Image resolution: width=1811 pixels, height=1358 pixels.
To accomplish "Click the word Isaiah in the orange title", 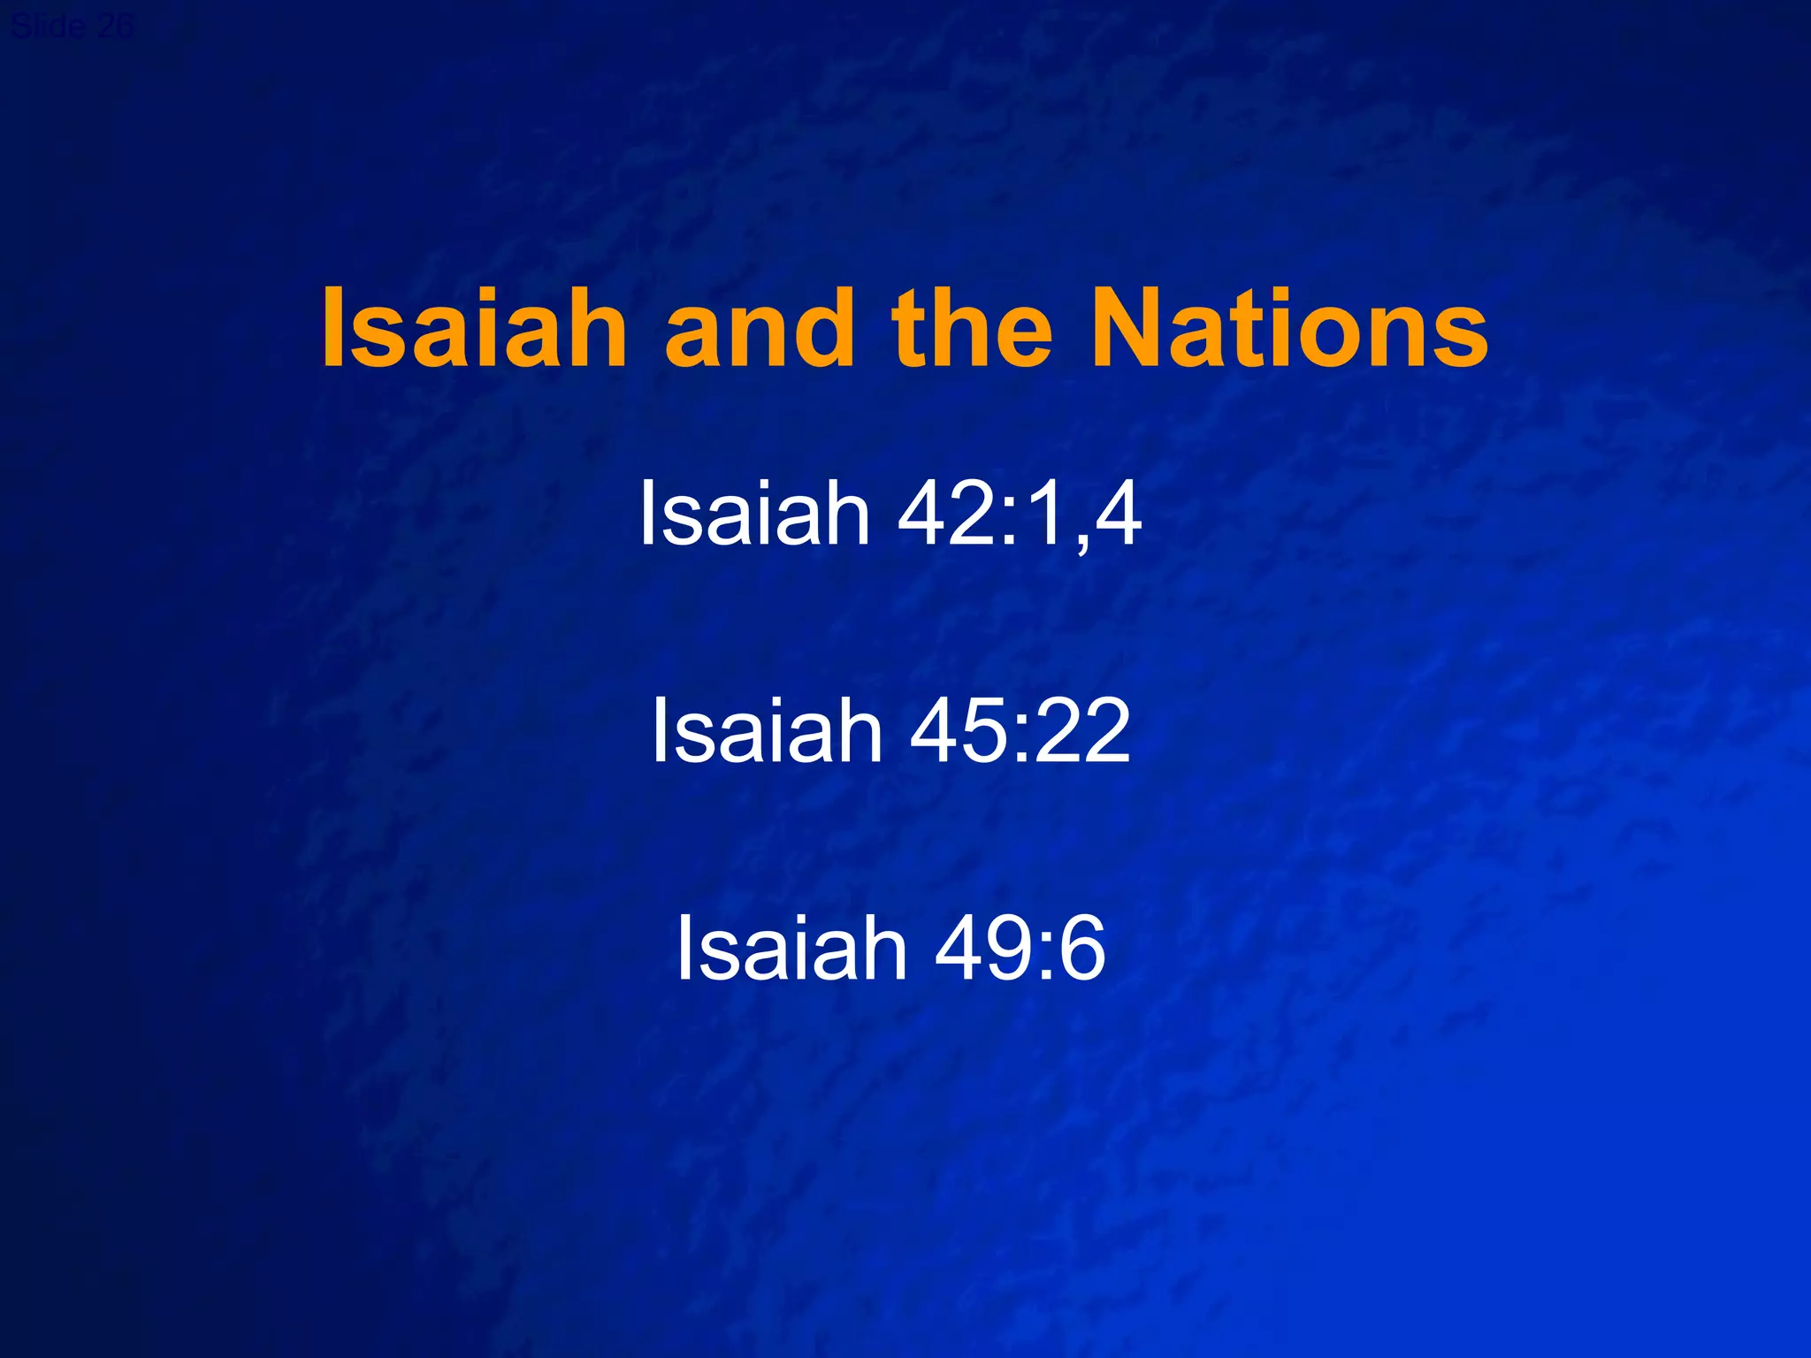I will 474,329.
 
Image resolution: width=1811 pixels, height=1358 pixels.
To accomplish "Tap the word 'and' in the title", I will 760,329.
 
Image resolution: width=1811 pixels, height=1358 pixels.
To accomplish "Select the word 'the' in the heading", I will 972,329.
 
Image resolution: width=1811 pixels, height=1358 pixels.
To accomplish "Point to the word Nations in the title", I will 1290,329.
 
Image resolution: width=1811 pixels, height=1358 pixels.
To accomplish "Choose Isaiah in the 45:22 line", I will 767,730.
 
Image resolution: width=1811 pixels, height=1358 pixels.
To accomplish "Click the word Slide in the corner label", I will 49,27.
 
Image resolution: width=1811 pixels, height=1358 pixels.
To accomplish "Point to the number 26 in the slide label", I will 115,27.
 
